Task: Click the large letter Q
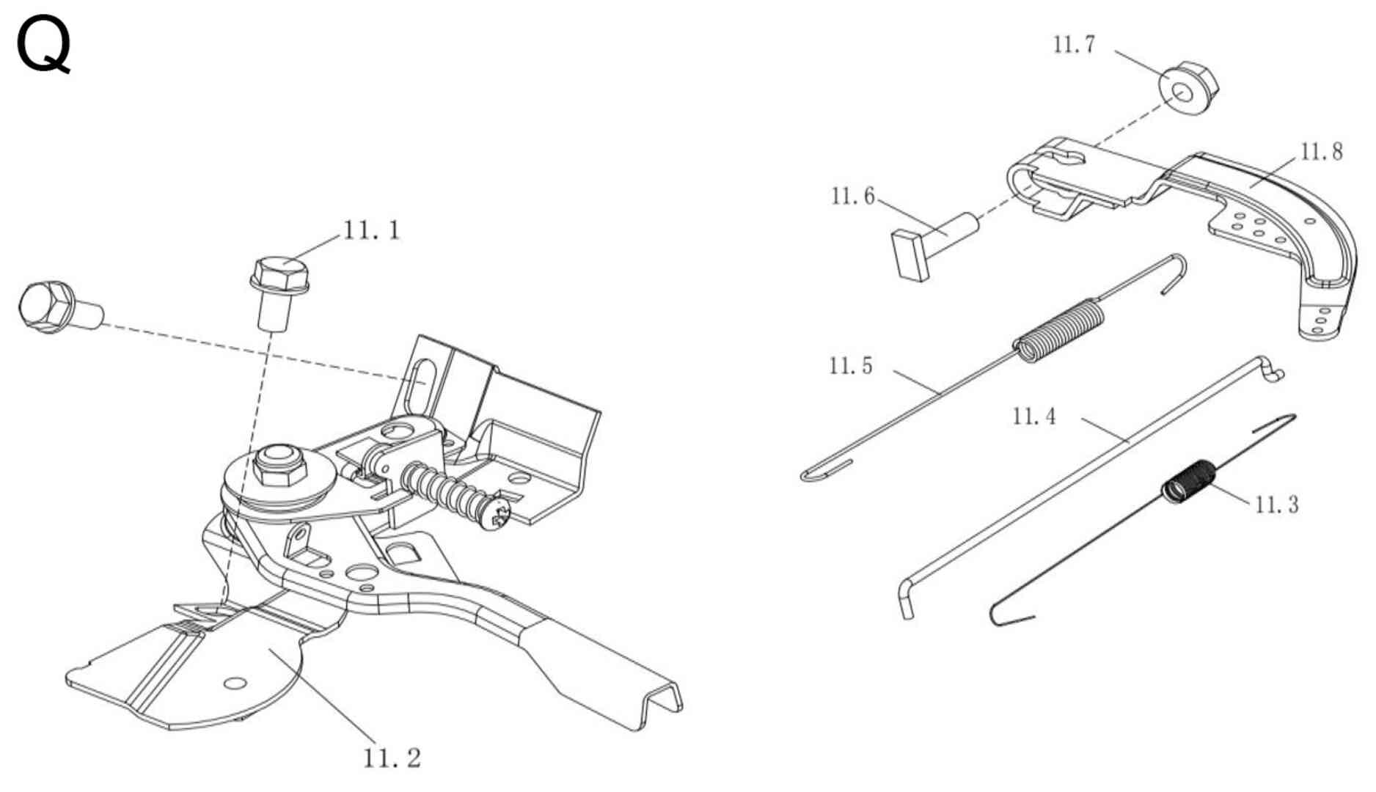[x=44, y=45]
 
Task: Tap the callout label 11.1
[x=372, y=230]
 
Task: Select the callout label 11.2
[x=392, y=758]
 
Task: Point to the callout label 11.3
[x=1276, y=505]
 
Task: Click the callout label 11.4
[x=1034, y=417]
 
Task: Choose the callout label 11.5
[x=851, y=365]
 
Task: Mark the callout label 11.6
[x=852, y=197]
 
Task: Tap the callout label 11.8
[x=1322, y=152]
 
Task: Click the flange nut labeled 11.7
[x=1187, y=89]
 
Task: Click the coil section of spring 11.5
[x=1060, y=330]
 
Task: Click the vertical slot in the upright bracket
[x=421, y=382]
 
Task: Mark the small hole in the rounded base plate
[x=235, y=683]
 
